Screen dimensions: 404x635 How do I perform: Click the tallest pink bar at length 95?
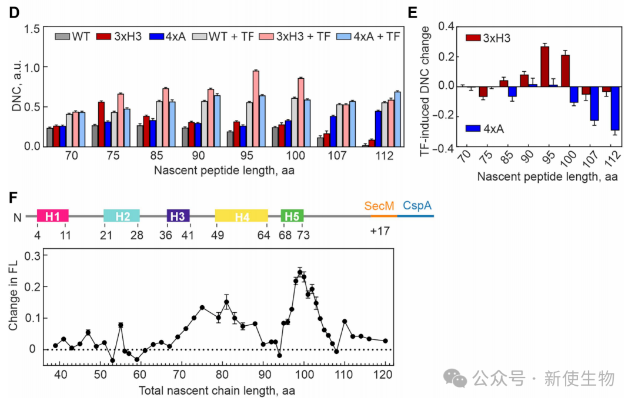pos(256,108)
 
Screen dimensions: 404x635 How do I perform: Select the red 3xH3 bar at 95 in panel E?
pos(544,66)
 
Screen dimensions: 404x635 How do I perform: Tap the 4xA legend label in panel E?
pos(493,128)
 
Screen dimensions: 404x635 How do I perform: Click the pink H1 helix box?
pos(53,216)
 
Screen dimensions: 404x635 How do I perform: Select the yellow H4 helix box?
pos(242,216)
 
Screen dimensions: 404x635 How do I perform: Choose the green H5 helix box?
pos(292,216)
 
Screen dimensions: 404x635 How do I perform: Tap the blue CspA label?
pos(417,206)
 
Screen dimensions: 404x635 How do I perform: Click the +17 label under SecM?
pos(380,231)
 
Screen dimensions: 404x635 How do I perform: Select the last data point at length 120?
pos(385,340)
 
